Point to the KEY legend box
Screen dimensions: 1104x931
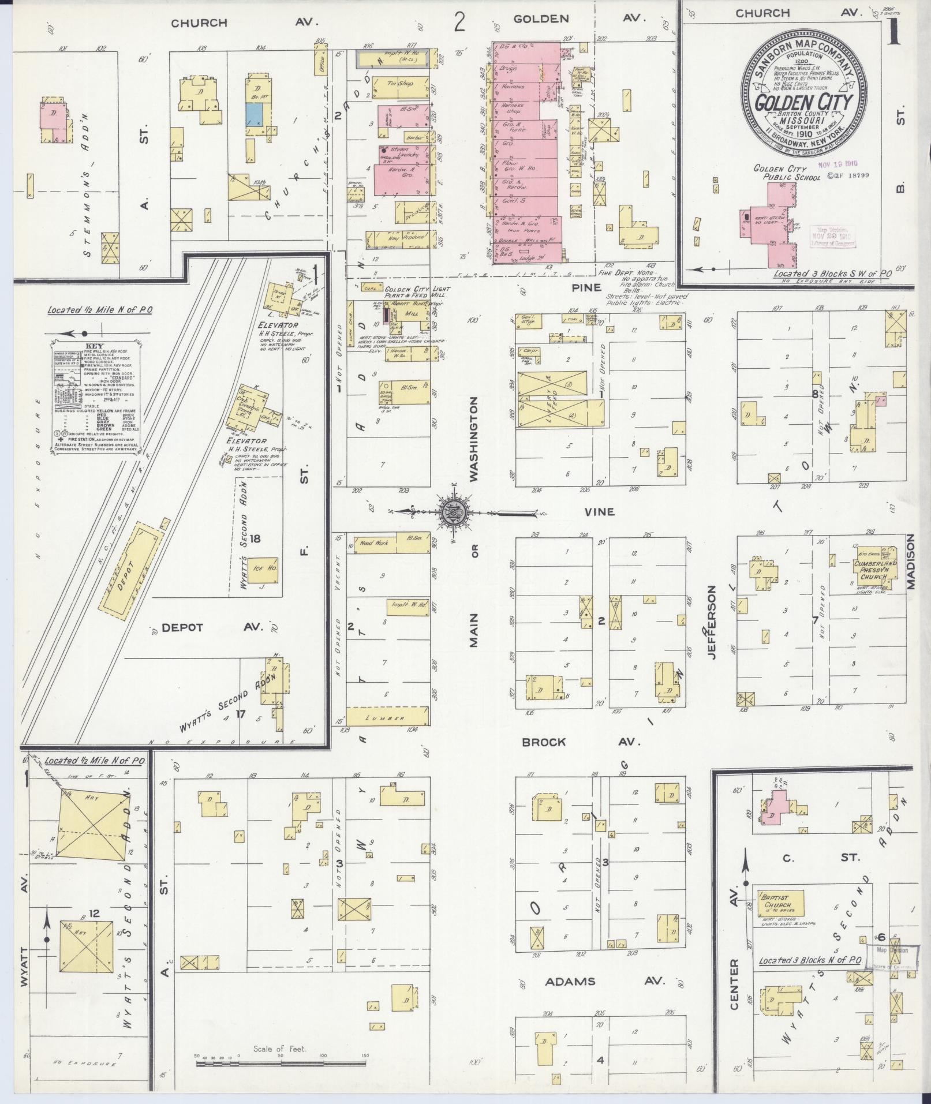pos(94,398)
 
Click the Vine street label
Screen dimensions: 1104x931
pos(599,511)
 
